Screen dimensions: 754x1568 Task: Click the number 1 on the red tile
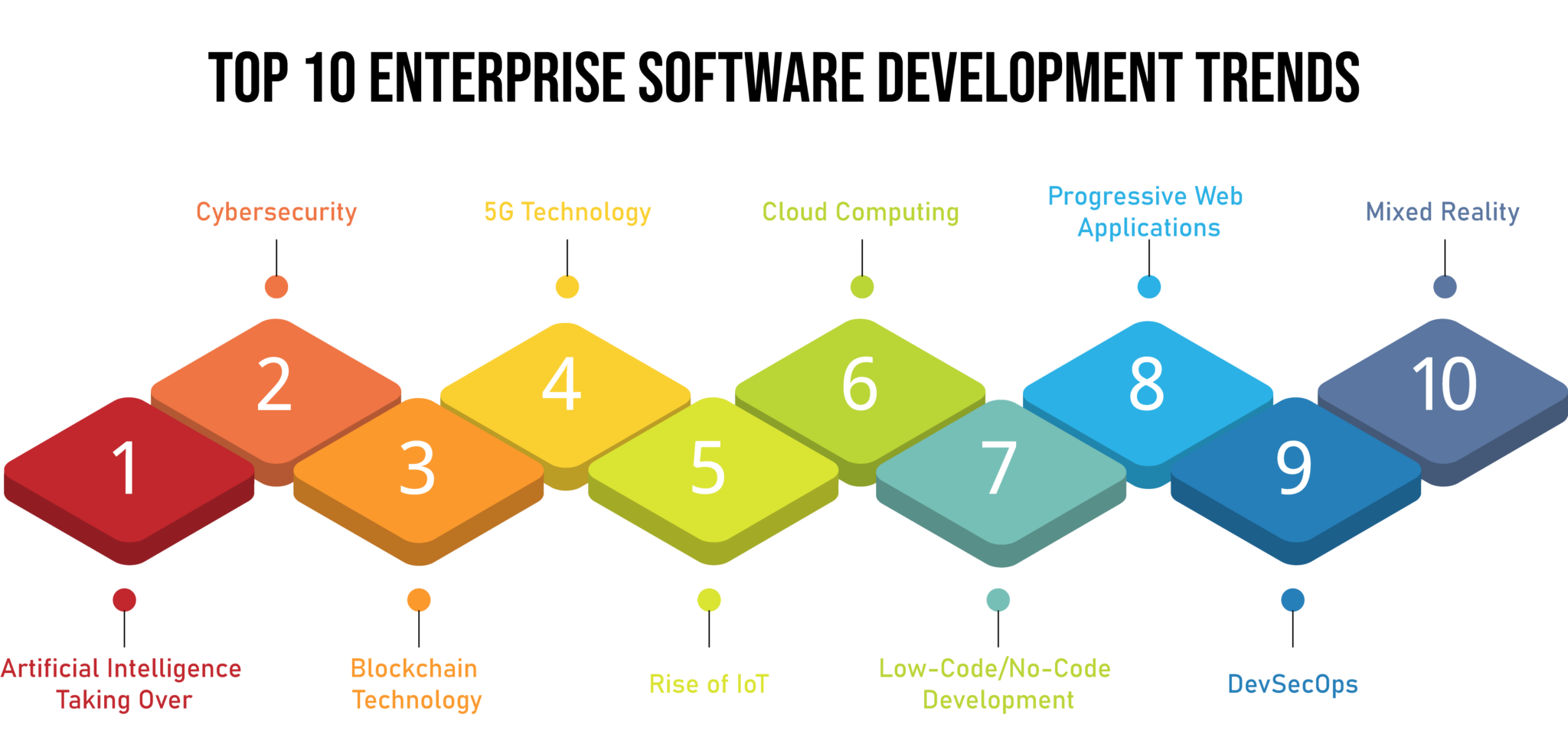pos(125,468)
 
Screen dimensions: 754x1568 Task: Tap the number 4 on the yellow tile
pos(561,384)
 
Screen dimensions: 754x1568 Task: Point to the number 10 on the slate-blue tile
pos(1444,384)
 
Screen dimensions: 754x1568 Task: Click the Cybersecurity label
pos(276,212)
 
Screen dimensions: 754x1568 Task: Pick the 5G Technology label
pos(567,212)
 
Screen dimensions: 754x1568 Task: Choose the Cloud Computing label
pos(861,212)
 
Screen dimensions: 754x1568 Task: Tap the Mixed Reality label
pos(1442,212)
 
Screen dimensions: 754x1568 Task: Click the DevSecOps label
pos(1292,684)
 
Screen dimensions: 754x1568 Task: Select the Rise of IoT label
pos(708,684)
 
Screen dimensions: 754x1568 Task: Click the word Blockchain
pos(413,668)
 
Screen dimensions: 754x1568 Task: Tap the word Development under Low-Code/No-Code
pos(998,700)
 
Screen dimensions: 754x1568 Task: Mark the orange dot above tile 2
pos(276,287)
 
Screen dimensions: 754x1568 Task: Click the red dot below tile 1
pos(124,600)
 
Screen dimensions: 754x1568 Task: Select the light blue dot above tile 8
pos(1148,287)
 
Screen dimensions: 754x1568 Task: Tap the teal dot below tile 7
pos(998,600)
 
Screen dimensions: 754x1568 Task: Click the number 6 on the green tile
pos(859,384)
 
